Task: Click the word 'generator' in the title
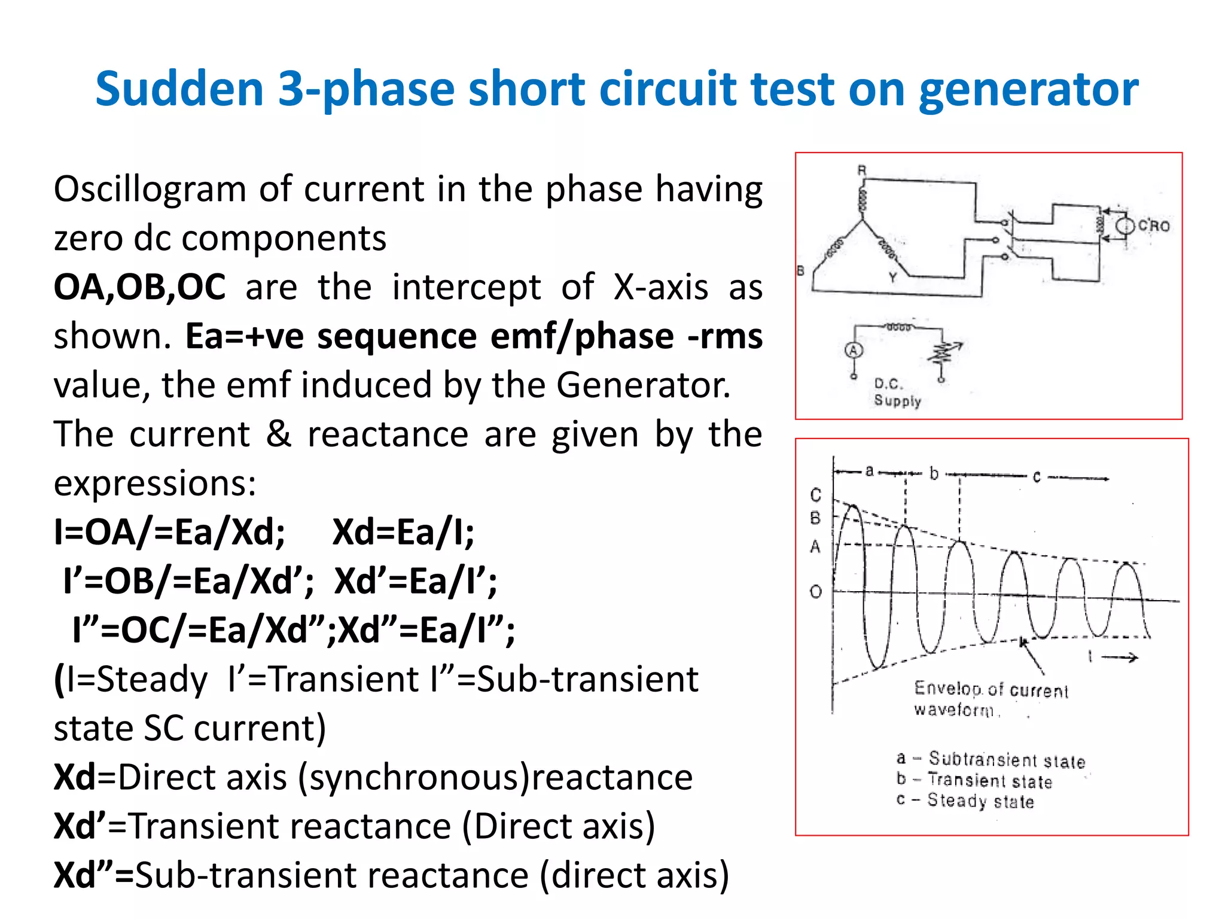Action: [1028, 90]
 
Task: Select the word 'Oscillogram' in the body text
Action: [150, 189]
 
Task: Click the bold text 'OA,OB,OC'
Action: [139, 287]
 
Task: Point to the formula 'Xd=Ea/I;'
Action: [403, 532]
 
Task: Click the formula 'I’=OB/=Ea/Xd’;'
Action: [188, 581]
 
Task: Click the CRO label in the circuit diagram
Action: [1153, 226]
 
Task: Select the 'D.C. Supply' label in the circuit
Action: [897, 392]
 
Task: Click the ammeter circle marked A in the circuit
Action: [854, 350]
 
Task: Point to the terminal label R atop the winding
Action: [862, 171]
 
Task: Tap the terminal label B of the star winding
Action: [801, 270]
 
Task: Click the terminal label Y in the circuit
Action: [892, 278]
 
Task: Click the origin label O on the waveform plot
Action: [815, 592]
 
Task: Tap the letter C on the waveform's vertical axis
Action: [816, 495]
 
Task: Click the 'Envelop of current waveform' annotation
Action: [990, 699]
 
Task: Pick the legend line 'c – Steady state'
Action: [965, 801]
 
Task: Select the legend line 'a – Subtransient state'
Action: [991, 760]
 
